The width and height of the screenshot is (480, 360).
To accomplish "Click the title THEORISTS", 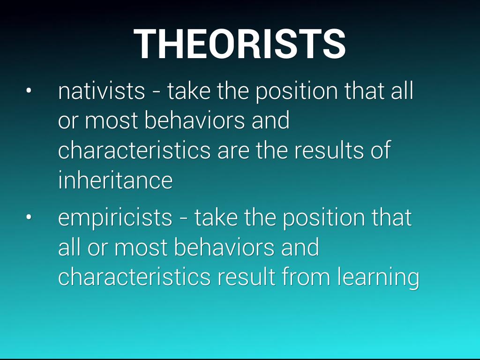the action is pyautogui.click(x=240, y=44).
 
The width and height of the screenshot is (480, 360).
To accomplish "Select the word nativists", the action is pyautogui.click(x=101, y=91).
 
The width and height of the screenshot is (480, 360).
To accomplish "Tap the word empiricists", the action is pyautogui.click(x=115, y=218).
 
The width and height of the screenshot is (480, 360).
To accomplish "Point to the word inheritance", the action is pyautogui.click(x=115, y=180).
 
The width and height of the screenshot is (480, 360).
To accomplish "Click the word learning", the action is pyautogui.click(x=378, y=277).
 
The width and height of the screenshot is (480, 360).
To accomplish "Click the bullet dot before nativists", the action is pyautogui.click(x=29, y=91).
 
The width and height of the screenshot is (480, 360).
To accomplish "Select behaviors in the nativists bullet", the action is pyautogui.click(x=195, y=120).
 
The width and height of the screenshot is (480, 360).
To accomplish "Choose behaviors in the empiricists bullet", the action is pyautogui.click(x=224, y=247).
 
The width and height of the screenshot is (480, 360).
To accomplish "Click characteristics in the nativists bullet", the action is pyautogui.click(x=135, y=150).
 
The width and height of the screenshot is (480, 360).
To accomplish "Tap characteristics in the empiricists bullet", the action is pyautogui.click(x=135, y=277).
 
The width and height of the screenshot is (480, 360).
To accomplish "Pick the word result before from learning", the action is pyautogui.click(x=247, y=277).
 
